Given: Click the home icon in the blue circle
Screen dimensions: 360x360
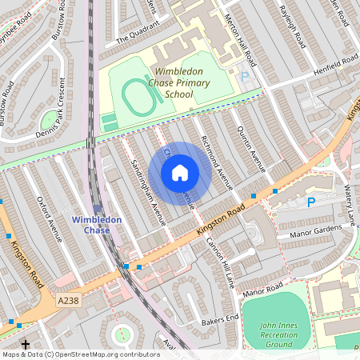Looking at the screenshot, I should click(x=180, y=172).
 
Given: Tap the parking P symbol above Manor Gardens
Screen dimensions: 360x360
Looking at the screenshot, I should click(x=311, y=202).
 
